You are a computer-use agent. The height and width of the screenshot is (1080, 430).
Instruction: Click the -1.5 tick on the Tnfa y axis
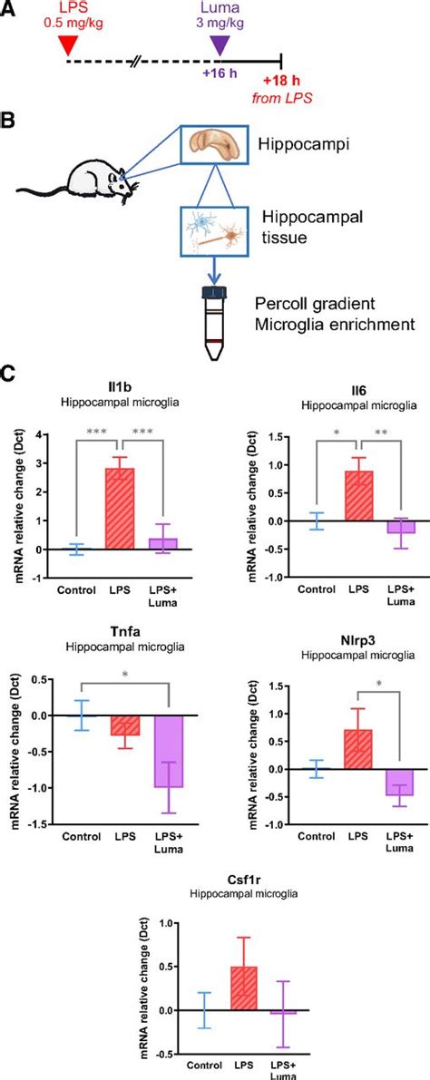[36, 824]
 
